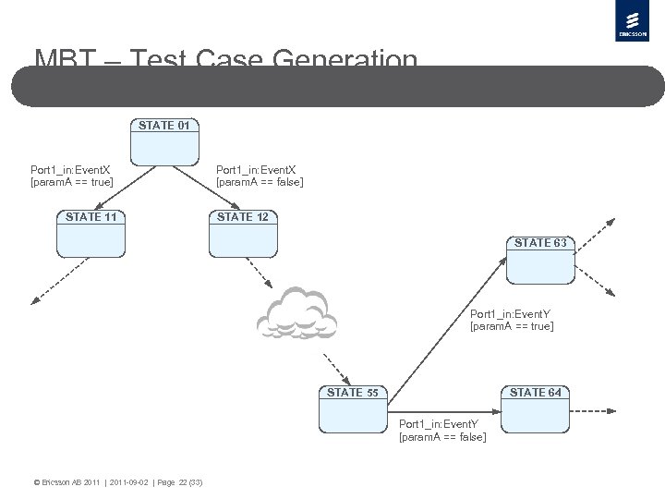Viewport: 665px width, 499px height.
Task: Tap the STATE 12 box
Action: [x=243, y=235]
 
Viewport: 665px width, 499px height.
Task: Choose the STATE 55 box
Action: [x=353, y=409]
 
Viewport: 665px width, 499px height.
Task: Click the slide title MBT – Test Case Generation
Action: [x=226, y=62]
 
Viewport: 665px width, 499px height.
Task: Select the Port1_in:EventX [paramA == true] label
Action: [x=71, y=176]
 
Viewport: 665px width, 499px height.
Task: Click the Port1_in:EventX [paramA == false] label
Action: [x=259, y=176]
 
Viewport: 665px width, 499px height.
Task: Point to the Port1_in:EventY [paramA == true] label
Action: [x=512, y=319]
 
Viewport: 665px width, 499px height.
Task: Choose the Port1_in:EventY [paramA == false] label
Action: [x=442, y=430]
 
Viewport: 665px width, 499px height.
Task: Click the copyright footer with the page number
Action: [x=118, y=482]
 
